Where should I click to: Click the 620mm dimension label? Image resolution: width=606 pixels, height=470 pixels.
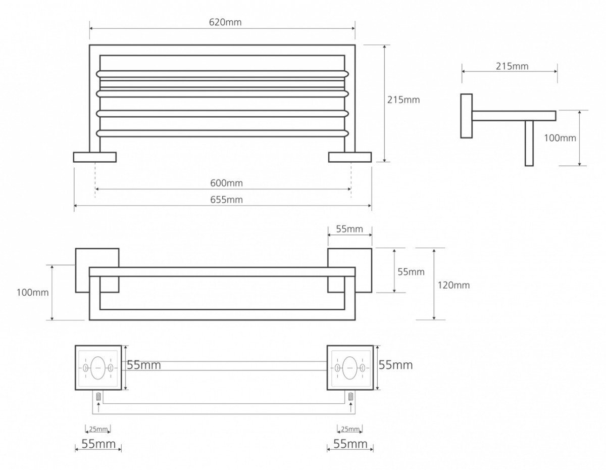pyautogui.click(x=225, y=22)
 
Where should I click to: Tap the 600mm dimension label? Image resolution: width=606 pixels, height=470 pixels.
pyautogui.click(x=226, y=183)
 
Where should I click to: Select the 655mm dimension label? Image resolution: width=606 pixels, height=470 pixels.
pyautogui.click(x=226, y=200)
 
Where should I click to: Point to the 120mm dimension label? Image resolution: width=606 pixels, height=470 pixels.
pyautogui.click(x=453, y=285)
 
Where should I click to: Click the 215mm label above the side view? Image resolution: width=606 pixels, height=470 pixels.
pyautogui.click(x=512, y=66)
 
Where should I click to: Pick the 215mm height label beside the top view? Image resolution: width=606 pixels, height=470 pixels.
pyautogui.click(x=403, y=100)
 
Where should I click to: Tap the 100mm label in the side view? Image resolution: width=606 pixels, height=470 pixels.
pyautogui.click(x=560, y=138)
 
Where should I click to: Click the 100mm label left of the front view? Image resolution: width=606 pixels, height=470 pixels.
pyautogui.click(x=33, y=293)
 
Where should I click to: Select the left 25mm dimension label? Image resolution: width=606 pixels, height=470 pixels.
pyautogui.click(x=98, y=429)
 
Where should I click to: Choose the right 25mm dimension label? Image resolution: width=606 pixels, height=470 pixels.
pyautogui.click(x=350, y=429)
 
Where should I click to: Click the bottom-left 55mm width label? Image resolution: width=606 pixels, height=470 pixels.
pyautogui.click(x=98, y=444)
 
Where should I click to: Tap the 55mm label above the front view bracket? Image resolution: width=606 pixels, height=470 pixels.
pyautogui.click(x=349, y=229)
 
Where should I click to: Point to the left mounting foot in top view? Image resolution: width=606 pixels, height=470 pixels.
pyautogui.click(x=95, y=157)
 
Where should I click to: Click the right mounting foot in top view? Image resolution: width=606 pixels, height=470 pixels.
pyautogui.click(x=350, y=157)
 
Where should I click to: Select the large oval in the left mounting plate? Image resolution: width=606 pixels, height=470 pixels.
pyautogui.click(x=98, y=368)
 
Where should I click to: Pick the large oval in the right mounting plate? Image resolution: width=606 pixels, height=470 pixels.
pyautogui.click(x=349, y=368)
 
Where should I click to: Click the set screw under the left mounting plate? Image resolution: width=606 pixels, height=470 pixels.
pyautogui.click(x=98, y=396)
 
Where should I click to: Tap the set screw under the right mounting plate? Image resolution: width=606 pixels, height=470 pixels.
pyautogui.click(x=350, y=396)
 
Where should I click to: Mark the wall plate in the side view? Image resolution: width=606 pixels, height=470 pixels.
pyautogui.click(x=466, y=116)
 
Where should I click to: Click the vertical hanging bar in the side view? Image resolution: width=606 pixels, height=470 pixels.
pyautogui.click(x=529, y=143)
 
